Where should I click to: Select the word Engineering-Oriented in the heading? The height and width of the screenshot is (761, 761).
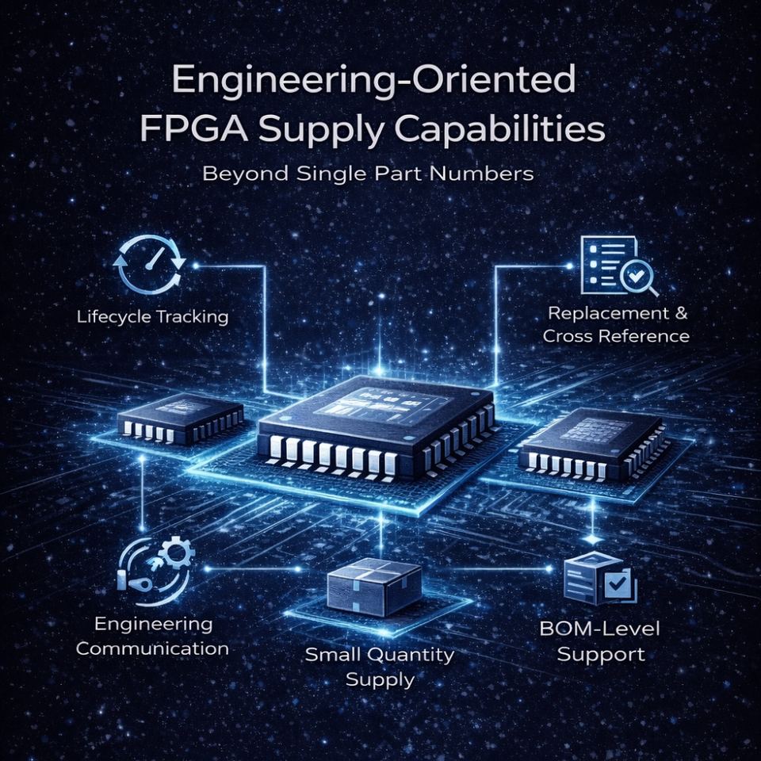pos(374,81)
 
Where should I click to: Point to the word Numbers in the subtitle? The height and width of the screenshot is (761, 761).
pos(491,173)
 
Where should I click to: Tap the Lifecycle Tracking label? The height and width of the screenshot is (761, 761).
pos(152,317)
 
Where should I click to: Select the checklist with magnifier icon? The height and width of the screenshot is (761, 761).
pos(617,266)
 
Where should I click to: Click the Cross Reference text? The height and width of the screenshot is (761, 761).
pos(616,336)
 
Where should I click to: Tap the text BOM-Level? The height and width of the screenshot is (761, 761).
pos(599,631)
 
